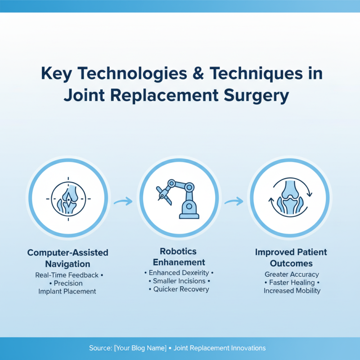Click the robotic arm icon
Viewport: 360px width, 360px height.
(x=179, y=198)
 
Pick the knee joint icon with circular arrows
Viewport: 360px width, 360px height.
(x=290, y=198)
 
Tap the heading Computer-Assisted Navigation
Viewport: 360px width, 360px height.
(x=68, y=258)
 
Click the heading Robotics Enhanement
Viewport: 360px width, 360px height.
(x=179, y=256)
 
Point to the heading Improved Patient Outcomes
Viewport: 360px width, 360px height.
(x=291, y=257)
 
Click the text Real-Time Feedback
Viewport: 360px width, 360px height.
(x=67, y=275)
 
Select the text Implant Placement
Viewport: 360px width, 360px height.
(x=67, y=291)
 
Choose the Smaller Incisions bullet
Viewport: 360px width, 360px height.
(x=179, y=281)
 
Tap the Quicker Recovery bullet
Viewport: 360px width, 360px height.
(x=179, y=289)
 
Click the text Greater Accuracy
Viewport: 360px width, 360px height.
(x=292, y=274)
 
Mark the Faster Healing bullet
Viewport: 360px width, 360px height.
(x=292, y=282)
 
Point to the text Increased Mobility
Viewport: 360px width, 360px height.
(x=292, y=291)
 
